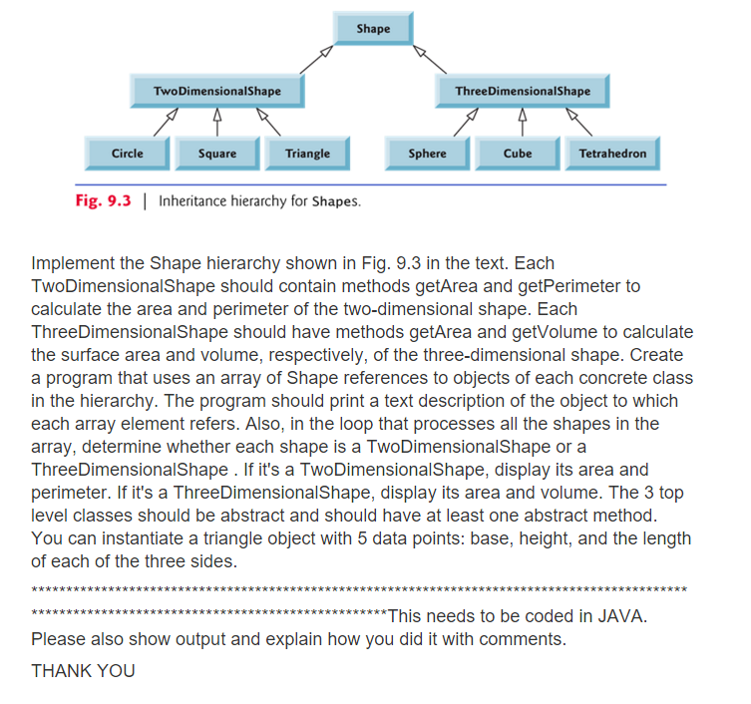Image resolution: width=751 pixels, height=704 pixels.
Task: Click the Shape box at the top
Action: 374,29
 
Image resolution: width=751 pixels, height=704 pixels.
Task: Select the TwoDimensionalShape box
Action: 216,91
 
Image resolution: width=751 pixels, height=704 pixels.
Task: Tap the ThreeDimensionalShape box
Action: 522,91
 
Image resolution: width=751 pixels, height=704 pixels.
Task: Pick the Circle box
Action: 127,154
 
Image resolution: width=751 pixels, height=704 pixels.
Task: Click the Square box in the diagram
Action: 216,154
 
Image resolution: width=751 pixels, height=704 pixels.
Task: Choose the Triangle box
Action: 306,154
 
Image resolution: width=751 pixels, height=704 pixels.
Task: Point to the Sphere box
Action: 427,154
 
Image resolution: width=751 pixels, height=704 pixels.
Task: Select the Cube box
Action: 517,154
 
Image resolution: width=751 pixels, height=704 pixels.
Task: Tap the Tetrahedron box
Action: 611,154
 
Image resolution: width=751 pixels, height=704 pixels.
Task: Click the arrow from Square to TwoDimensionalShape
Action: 216,122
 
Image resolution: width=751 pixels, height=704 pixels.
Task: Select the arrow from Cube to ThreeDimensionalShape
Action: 520,122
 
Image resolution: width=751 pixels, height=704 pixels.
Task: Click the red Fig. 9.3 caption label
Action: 103,200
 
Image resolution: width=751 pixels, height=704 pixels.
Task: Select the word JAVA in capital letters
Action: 624,616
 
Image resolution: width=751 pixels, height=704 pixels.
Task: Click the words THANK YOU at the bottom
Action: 83,670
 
